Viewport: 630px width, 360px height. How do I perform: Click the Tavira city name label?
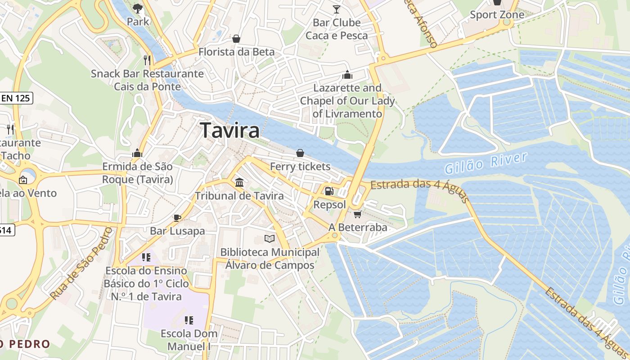230,130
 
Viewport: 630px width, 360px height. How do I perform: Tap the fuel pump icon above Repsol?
329,191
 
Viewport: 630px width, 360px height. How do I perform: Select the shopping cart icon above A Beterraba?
358,214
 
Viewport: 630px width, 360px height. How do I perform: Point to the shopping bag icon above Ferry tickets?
300,153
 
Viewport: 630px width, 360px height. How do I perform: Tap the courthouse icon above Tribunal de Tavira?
239,182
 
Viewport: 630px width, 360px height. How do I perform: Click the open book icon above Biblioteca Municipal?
270,238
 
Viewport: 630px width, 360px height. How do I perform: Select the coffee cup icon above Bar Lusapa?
177,218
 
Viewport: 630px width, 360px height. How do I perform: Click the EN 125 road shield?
16,98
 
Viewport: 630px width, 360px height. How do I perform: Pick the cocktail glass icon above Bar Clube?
337,9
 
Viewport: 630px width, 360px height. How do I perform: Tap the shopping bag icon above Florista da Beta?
236,39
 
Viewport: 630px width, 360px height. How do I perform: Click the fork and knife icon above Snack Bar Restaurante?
147,60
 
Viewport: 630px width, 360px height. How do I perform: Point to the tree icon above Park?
138,8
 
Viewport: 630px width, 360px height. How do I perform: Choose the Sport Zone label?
497,15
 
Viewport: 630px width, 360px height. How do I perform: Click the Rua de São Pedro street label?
81,264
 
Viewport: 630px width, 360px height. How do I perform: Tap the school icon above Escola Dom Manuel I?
189,320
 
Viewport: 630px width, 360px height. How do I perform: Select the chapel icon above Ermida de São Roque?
137,153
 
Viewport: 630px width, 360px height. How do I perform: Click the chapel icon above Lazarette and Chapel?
347,75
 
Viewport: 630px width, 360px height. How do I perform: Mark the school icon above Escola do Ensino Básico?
146,257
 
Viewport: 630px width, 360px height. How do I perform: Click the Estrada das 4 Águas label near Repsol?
419,189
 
